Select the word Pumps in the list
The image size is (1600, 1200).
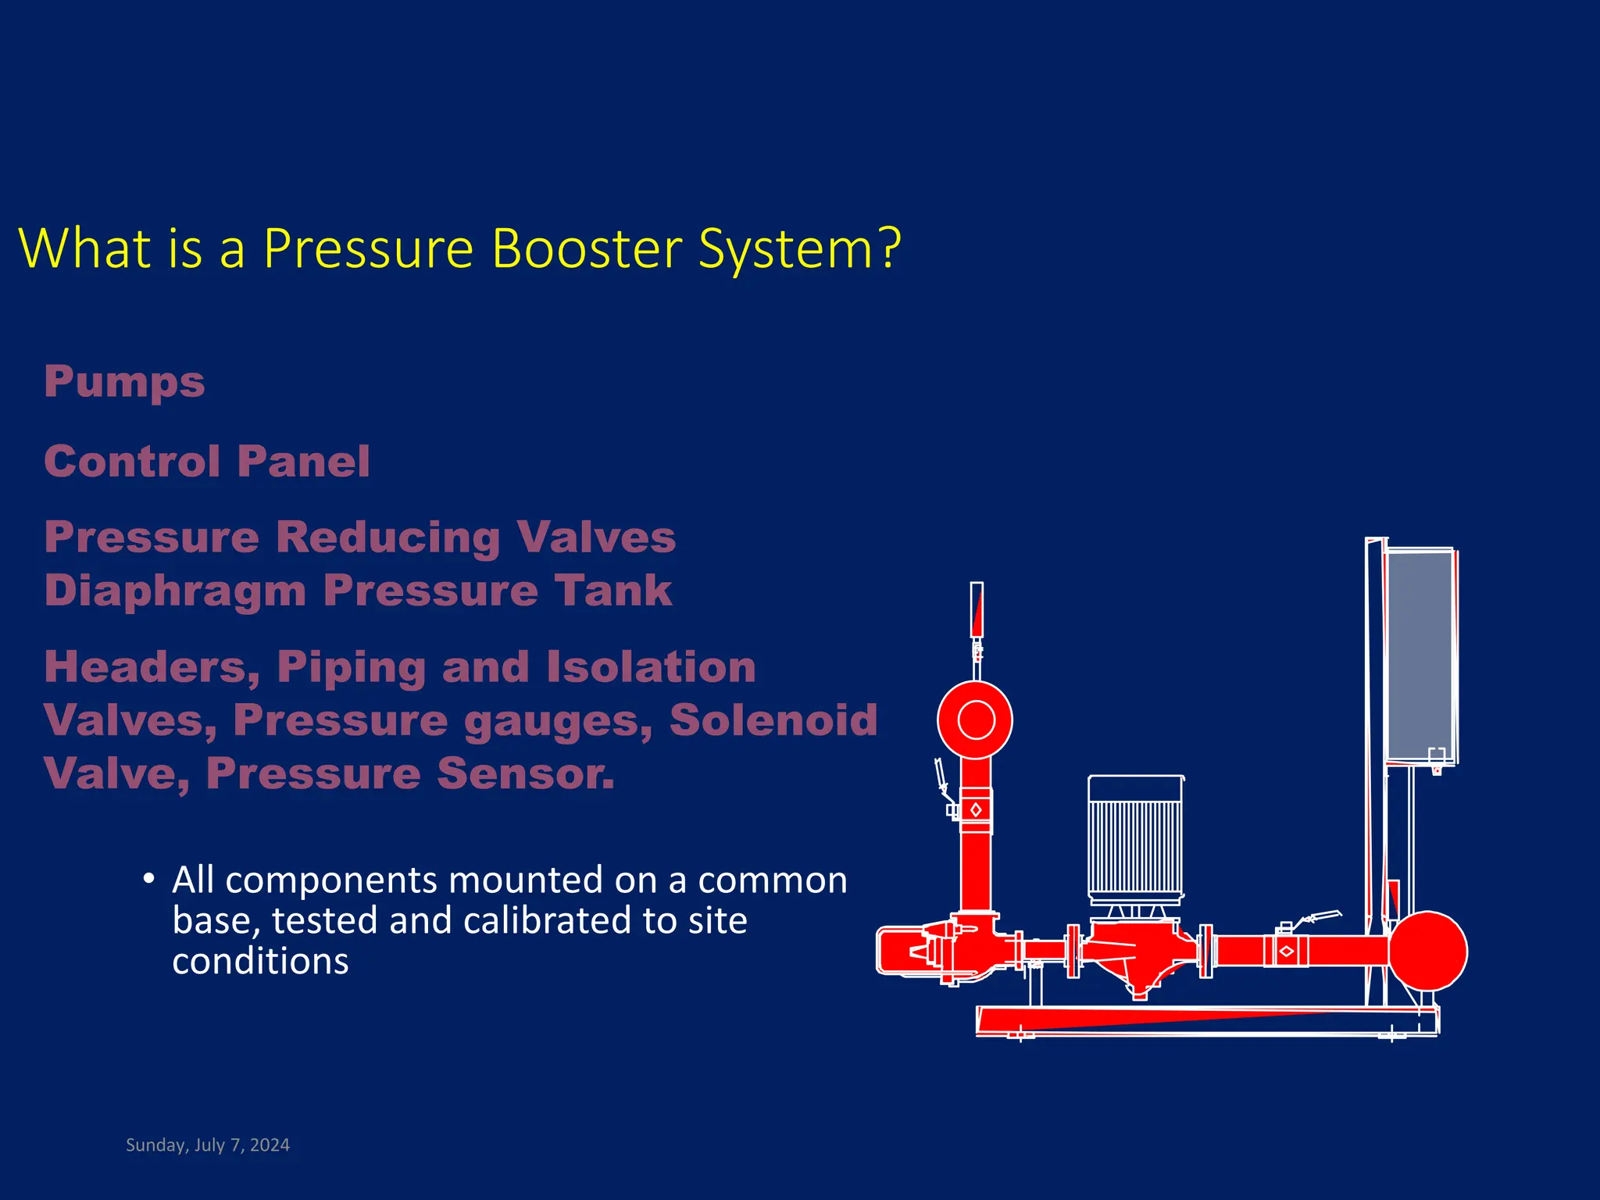[x=124, y=382]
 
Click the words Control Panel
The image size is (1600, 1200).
[x=207, y=461]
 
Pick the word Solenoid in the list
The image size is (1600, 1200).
[x=773, y=720]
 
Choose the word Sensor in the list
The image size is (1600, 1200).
[x=525, y=773]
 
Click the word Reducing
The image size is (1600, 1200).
[x=387, y=537]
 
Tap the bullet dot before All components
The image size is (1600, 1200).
[x=148, y=878]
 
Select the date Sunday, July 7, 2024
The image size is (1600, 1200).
[x=208, y=1145]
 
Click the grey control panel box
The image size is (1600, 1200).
[x=1419, y=656]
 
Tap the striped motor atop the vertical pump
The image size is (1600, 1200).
[x=1134, y=844]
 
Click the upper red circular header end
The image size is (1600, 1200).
[x=975, y=720]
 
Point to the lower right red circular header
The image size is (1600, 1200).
[x=1428, y=951]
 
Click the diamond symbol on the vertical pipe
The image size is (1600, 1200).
[x=976, y=810]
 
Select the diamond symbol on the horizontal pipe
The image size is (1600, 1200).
[x=1286, y=951]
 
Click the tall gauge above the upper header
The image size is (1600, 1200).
[x=977, y=609]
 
